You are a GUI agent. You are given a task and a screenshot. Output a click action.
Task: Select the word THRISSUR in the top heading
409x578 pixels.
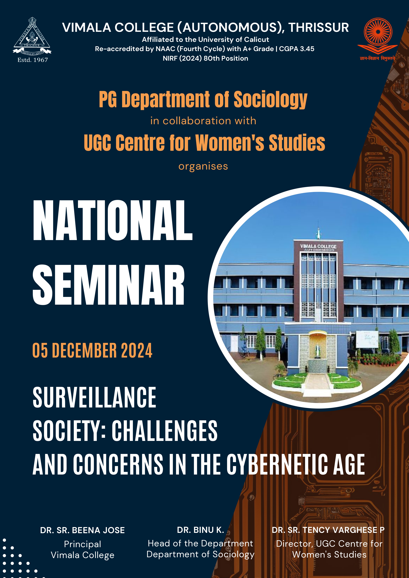click(x=318, y=28)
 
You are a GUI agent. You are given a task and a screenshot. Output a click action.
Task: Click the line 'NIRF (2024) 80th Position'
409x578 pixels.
click(x=205, y=58)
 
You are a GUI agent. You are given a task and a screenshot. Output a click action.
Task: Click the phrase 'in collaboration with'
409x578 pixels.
click(x=203, y=121)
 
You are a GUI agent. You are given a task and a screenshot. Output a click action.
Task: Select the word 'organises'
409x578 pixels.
click(x=203, y=166)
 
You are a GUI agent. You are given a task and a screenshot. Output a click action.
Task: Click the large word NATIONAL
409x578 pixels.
click(x=113, y=220)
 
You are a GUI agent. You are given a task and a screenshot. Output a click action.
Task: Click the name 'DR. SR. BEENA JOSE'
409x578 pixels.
click(x=82, y=530)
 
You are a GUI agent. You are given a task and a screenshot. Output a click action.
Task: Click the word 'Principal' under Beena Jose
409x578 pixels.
click(x=82, y=544)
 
